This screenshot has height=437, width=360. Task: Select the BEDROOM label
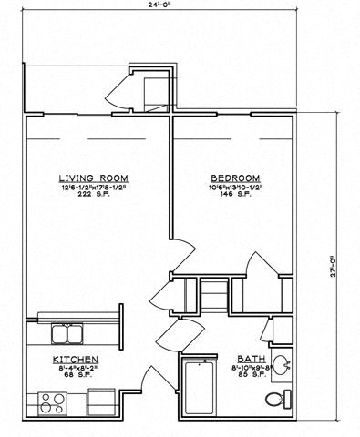pos(236,178)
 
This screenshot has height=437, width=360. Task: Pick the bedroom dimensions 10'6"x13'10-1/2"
pos(236,188)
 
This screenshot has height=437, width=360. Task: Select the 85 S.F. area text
pos(251,377)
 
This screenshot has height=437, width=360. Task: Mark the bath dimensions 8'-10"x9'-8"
pos(251,368)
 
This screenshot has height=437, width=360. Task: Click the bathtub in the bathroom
pos(200,387)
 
